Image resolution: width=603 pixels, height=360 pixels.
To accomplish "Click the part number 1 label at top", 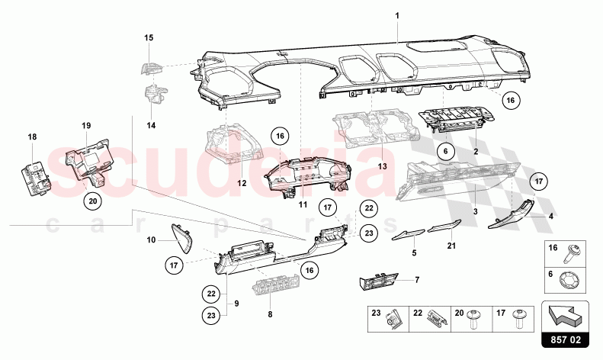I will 397,15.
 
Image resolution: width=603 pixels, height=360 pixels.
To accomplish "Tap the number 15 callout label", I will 149,37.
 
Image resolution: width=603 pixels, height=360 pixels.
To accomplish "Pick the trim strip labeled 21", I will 442,228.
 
